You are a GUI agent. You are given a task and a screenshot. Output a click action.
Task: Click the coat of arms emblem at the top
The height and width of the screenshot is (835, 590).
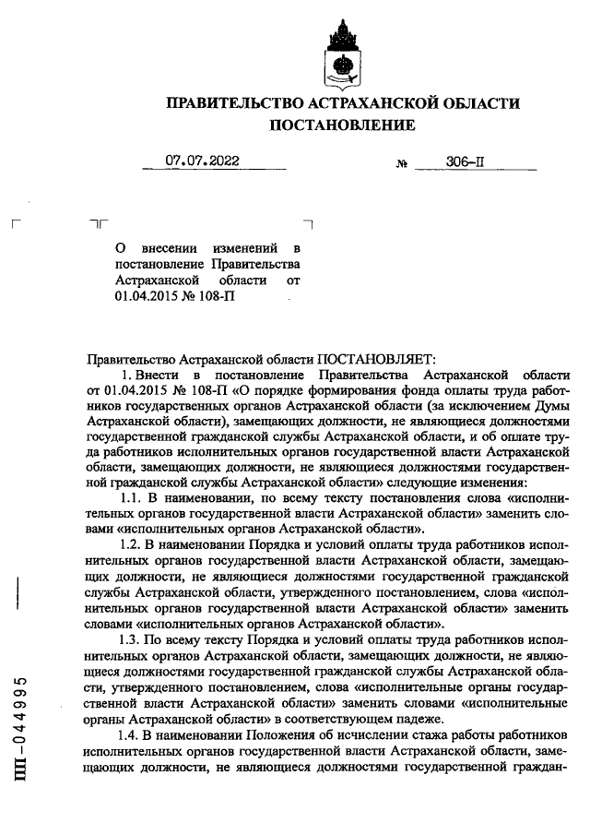pyautogui.click(x=341, y=54)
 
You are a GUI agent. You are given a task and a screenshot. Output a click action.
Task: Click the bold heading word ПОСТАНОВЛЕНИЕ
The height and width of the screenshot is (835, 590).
pyautogui.click(x=341, y=125)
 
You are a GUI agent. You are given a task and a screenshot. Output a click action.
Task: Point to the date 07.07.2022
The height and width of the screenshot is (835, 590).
pyautogui.click(x=202, y=161)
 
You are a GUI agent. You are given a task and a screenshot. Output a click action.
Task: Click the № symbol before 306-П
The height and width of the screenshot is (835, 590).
pyautogui.click(x=401, y=164)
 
